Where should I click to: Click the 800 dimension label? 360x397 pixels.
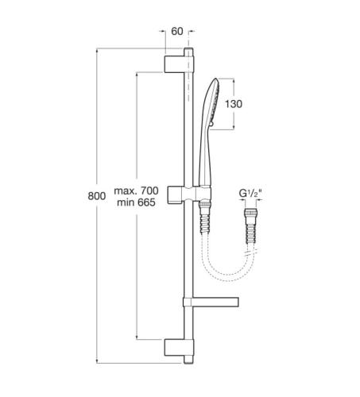[x=97, y=196]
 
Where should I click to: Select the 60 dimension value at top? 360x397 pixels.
[x=177, y=31]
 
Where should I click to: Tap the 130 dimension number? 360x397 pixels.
[x=234, y=104]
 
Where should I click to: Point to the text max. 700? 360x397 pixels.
[x=136, y=191]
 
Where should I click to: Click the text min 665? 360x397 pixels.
[x=136, y=202]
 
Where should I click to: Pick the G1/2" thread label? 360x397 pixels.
[x=250, y=193]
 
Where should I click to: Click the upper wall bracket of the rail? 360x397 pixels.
[x=174, y=64]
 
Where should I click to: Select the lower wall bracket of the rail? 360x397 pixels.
[x=174, y=347]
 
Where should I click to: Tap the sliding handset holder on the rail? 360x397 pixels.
[x=189, y=195]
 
